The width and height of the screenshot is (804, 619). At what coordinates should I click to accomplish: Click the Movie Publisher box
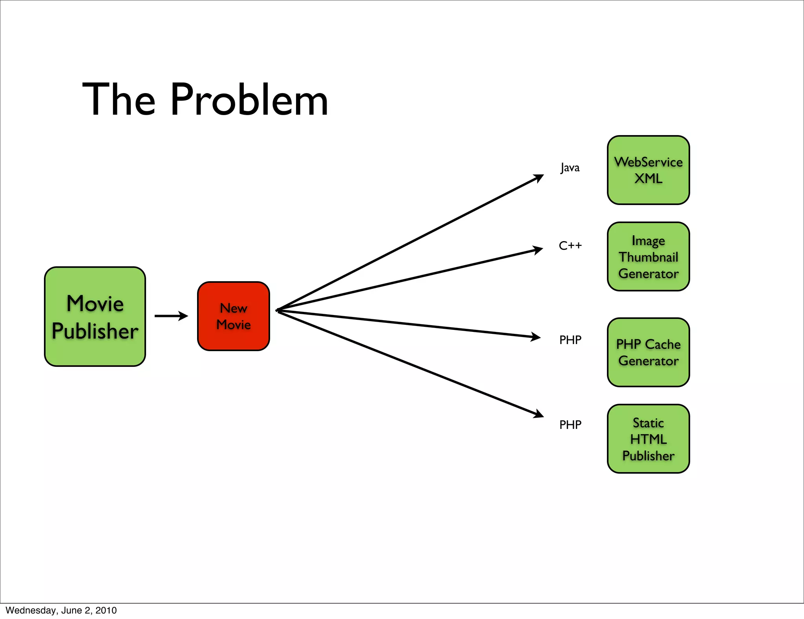pos(95,317)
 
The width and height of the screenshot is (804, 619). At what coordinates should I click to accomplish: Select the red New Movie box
pos(234,316)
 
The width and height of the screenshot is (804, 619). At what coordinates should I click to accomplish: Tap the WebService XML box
pos(648,170)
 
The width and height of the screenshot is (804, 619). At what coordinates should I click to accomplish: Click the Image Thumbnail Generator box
pos(648,256)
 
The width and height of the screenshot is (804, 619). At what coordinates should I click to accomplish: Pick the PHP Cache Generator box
pos(648,352)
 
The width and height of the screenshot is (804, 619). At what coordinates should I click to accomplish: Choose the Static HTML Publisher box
pos(648,439)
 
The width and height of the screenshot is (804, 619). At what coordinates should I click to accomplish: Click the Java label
pos(570,168)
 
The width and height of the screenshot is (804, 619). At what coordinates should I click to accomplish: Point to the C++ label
pos(570,246)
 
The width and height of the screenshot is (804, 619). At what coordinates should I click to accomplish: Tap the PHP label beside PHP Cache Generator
pos(570,340)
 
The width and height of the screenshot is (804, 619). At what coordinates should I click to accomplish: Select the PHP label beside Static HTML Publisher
pos(570,425)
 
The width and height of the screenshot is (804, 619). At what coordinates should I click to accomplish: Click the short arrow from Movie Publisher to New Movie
pos(171,316)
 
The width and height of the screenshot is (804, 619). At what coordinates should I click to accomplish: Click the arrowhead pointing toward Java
pos(538,178)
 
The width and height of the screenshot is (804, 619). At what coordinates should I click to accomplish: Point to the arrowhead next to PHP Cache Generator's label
pos(535,337)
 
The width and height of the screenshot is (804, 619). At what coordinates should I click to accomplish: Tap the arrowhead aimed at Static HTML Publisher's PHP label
pos(538,414)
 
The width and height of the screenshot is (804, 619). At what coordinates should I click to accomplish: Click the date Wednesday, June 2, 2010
pos(61,610)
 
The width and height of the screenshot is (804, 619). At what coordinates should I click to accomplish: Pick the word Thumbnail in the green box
pos(648,257)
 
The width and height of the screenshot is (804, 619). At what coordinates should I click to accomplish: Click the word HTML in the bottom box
pos(648,439)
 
